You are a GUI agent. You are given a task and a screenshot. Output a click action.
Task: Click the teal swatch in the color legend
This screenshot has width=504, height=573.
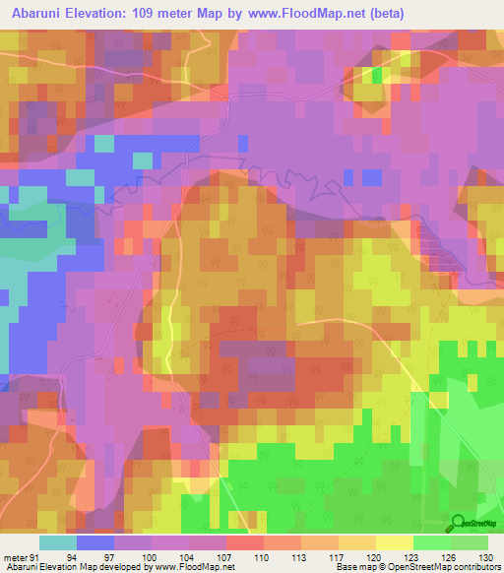57,541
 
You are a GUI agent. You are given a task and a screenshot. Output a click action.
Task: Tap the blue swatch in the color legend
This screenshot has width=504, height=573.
94,541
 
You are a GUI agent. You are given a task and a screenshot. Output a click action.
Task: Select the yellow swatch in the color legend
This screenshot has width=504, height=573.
393,541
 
